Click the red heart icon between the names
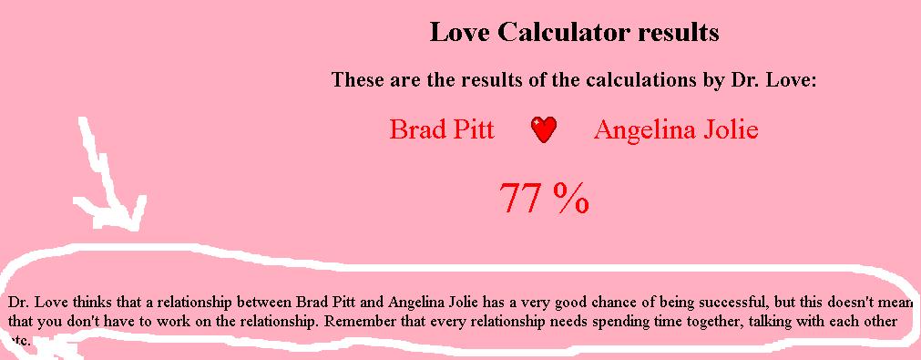point(544,129)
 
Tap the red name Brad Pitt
point(442,129)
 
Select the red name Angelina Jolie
point(676,129)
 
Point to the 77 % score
point(544,198)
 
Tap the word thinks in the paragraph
point(93,303)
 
